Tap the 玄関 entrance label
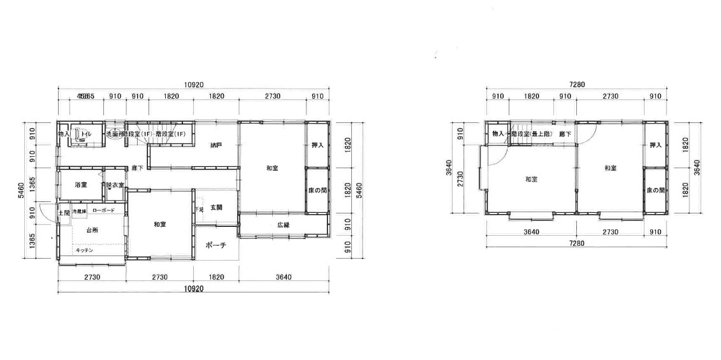(x=216, y=208)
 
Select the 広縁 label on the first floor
(x=284, y=225)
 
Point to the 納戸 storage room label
(x=216, y=145)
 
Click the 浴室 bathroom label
(x=80, y=185)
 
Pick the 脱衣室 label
(x=115, y=185)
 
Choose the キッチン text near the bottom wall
(x=84, y=250)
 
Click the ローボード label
(x=103, y=210)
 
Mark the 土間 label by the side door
(x=64, y=213)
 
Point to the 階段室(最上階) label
(x=531, y=134)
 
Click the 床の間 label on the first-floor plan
(x=316, y=191)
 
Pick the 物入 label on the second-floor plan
(x=498, y=134)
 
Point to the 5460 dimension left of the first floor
(x=21, y=191)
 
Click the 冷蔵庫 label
(x=79, y=211)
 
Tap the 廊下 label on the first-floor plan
(x=137, y=168)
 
